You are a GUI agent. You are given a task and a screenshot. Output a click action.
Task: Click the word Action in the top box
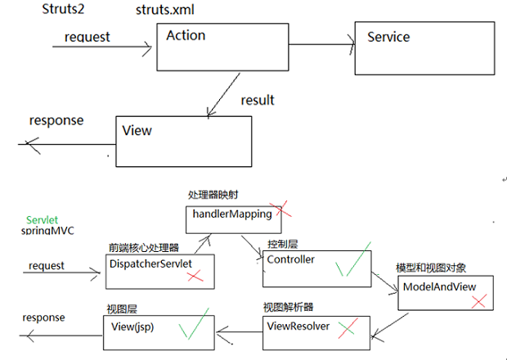point(186,35)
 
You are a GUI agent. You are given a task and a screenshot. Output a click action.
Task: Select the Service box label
point(388,37)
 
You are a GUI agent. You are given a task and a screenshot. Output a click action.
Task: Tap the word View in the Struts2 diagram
point(137,130)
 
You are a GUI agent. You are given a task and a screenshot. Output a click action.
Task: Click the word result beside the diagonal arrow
point(258,100)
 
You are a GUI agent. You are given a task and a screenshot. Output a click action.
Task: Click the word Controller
point(291,259)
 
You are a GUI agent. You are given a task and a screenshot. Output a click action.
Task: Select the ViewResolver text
point(298,325)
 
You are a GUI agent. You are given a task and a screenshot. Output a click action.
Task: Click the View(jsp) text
point(132,326)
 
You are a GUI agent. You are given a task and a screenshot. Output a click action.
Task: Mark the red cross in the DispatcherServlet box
point(195,277)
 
